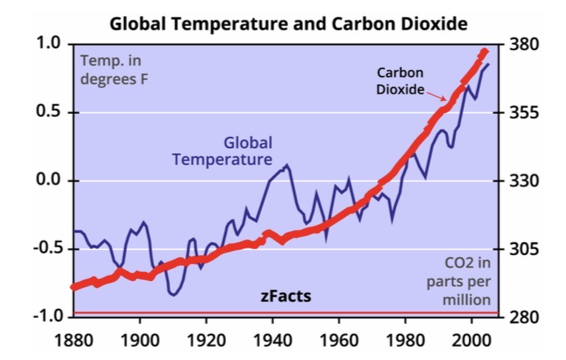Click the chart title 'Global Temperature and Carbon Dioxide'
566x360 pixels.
[x=288, y=24]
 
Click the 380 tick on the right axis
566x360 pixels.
[x=526, y=44]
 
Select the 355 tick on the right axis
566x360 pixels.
[x=526, y=113]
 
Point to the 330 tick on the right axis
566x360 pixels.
[x=526, y=181]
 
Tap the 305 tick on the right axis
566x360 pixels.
[x=526, y=249]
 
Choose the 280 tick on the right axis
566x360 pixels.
[x=526, y=317]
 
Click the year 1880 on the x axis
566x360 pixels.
[x=72, y=342]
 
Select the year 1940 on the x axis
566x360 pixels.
[x=273, y=342]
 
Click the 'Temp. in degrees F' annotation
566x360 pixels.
[x=114, y=69]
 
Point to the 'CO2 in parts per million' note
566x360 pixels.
[x=466, y=281]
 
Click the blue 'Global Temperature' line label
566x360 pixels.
[x=222, y=151]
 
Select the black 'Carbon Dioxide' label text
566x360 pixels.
[x=400, y=81]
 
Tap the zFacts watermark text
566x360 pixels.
[x=286, y=296]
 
